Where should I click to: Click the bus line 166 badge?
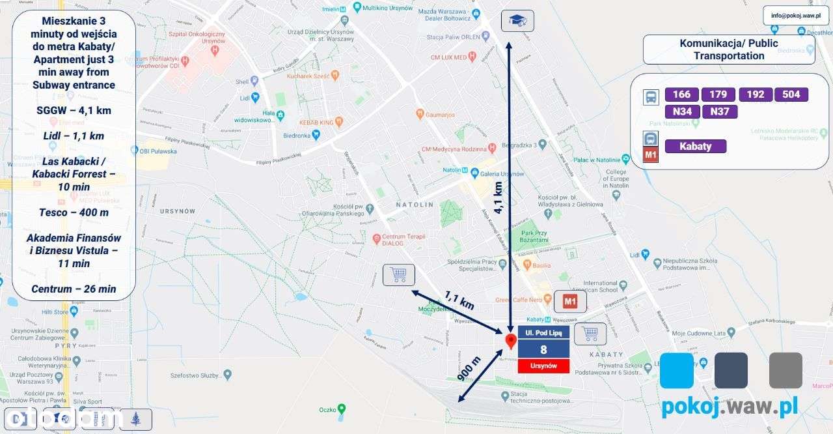pyautogui.click(x=681, y=94)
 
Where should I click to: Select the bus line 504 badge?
pyautogui.click(x=791, y=94)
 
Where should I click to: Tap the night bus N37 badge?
pyautogui.click(x=720, y=111)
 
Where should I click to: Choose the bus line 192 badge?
pyautogui.click(x=756, y=94)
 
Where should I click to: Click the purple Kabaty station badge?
pyautogui.click(x=696, y=146)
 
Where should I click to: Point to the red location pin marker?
pyautogui.click(x=511, y=341)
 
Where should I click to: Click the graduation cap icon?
pyautogui.click(x=517, y=21)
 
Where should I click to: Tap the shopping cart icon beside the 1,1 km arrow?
pyautogui.click(x=398, y=275)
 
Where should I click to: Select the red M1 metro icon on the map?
pyautogui.click(x=570, y=302)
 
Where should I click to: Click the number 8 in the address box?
pyautogui.click(x=543, y=349)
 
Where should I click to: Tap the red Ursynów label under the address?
pyautogui.click(x=543, y=366)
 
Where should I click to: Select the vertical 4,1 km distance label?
pyautogui.click(x=498, y=197)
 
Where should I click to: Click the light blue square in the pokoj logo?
pyautogui.click(x=677, y=370)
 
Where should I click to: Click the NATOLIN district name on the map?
pyautogui.click(x=415, y=205)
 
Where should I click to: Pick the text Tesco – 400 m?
pyautogui.click(x=74, y=212)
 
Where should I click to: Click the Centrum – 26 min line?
pyautogui.click(x=74, y=289)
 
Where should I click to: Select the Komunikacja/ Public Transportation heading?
pyautogui.click(x=729, y=50)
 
